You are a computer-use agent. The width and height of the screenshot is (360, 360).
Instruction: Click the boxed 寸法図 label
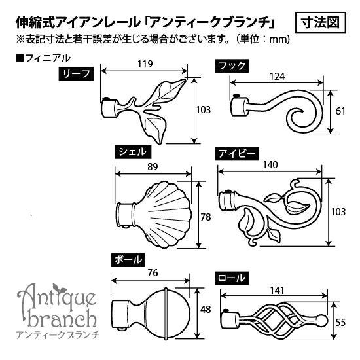320,23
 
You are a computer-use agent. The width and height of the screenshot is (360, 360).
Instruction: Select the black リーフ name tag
76,74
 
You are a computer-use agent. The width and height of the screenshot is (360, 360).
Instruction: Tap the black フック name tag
232,66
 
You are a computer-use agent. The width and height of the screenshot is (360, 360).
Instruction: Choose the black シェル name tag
133,152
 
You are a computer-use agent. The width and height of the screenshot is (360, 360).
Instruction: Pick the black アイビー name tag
237,153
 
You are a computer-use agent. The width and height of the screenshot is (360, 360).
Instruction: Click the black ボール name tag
128,260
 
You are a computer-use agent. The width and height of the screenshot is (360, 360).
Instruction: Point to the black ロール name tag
232,278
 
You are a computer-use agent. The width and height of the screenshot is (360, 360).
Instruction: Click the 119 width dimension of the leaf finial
145,64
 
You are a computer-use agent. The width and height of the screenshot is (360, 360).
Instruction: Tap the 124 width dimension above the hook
277,77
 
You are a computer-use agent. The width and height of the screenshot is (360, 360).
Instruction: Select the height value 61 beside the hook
340,111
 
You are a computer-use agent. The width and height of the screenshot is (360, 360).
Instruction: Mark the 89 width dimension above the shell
153,167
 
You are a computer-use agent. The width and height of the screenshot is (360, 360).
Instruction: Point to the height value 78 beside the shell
206,217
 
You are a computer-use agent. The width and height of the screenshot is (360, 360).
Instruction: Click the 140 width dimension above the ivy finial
270,165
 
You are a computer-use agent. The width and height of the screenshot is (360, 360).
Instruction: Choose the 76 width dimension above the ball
153,273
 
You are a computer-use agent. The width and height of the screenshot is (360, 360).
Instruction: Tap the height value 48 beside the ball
206,310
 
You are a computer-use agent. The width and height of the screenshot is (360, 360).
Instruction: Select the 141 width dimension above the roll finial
278,291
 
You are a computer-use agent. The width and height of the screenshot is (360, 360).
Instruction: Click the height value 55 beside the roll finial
340,323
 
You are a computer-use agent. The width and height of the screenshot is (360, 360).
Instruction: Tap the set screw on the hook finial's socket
235,96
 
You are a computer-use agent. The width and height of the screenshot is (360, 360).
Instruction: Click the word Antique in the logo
57,296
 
